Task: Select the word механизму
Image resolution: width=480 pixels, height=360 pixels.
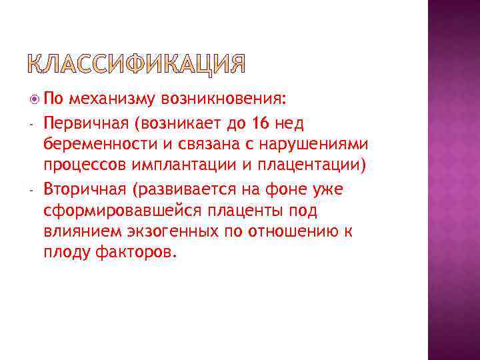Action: tap(111, 100)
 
